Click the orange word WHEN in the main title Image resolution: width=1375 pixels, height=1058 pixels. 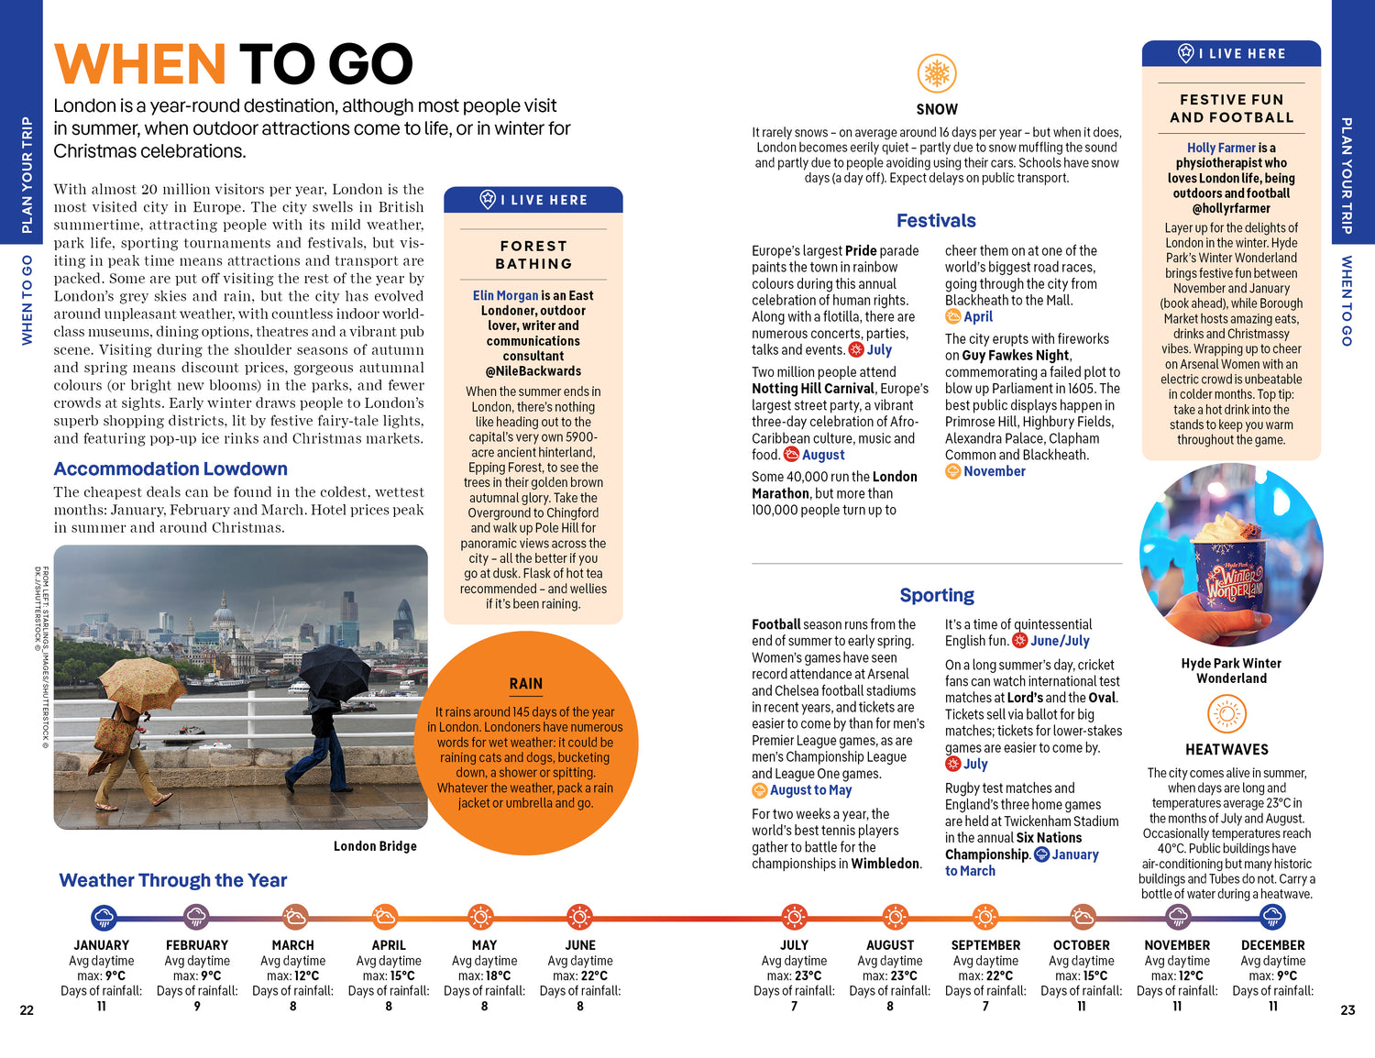pyautogui.click(x=139, y=64)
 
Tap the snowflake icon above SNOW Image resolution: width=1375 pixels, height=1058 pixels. pyautogui.click(x=937, y=73)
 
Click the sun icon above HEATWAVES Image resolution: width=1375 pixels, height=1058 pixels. pyautogui.click(x=1226, y=714)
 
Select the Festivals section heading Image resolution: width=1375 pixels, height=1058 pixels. pyautogui.click(x=936, y=221)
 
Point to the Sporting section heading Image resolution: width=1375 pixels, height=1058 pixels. pyautogui.click(x=937, y=595)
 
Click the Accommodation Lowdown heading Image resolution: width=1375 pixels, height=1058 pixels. pyautogui.click(x=170, y=469)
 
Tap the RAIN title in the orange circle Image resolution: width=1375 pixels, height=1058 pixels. pyautogui.click(x=526, y=684)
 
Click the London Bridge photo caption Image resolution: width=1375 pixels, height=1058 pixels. pyautogui.click(x=375, y=846)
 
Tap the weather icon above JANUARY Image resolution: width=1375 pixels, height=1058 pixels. pyautogui.click(x=104, y=916)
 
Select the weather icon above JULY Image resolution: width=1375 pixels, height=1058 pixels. pyautogui.click(x=794, y=916)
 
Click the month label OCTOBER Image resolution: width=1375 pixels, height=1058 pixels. pyautogui.click(x=1082, y=945)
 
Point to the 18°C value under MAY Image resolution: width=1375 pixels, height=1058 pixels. pyautogui.click(x=498, y=976)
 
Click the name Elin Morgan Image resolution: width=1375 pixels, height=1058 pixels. pyautogui.click(x=505, y=295)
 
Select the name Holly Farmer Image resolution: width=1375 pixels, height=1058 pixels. pyautogui.click(x=1221, y=148)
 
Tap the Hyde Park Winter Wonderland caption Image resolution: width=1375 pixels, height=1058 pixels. pyautogui.click(x=1231, y=670)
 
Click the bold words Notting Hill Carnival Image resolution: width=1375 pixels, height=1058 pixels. pyautogui.click(x=813, y=389)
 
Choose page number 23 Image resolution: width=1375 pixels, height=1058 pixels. pyautogui.click(x=1347, y=1010)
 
